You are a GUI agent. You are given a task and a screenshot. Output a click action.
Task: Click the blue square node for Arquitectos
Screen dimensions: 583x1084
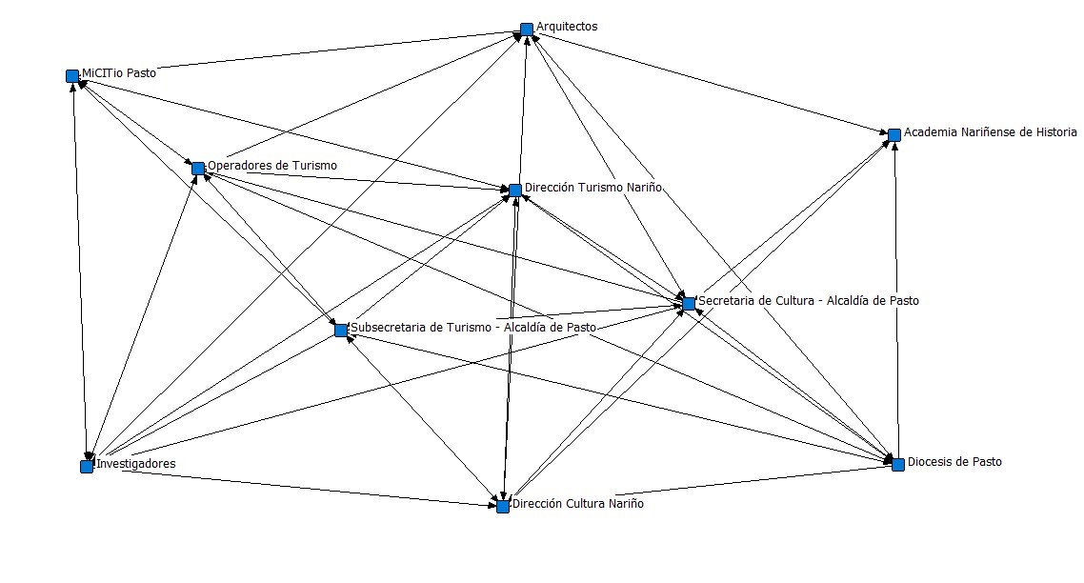click(527, 30)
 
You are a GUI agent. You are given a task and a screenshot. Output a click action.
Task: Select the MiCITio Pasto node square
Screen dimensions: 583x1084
click(72, 75)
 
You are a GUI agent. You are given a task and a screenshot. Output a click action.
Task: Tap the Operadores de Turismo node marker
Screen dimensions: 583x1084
click(198, 169)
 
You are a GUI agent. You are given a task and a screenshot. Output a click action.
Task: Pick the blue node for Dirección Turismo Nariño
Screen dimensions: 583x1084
click(515, 191)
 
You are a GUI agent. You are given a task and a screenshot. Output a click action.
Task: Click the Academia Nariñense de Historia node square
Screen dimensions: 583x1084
click(894, 135)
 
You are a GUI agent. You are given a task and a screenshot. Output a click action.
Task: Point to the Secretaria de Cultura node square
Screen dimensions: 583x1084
click(689, 304)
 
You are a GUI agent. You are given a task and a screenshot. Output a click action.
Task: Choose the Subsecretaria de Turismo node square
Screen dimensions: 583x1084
click(341, 331)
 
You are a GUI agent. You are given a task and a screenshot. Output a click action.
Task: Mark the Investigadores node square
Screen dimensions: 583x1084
click(87, 466)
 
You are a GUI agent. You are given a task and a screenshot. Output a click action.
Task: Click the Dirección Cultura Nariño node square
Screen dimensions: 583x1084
click(503, 506)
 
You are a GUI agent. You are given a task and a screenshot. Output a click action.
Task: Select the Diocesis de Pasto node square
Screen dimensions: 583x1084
click(897, 464)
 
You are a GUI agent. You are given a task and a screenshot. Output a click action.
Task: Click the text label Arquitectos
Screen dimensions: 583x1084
click(567, 27)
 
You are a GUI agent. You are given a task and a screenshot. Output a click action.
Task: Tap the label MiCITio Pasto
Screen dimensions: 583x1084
click(119, 72)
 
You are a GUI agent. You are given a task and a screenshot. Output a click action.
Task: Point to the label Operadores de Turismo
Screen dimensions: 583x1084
click(272, 166)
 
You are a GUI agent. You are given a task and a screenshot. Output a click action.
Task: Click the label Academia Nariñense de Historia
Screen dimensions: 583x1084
click(991, 132)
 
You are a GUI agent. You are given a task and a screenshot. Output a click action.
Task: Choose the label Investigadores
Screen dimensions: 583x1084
click(136, 464)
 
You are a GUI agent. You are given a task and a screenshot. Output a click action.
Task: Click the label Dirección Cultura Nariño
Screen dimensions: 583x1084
click(578, 504)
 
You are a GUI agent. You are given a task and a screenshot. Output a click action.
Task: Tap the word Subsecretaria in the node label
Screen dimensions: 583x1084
click(389, 328)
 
